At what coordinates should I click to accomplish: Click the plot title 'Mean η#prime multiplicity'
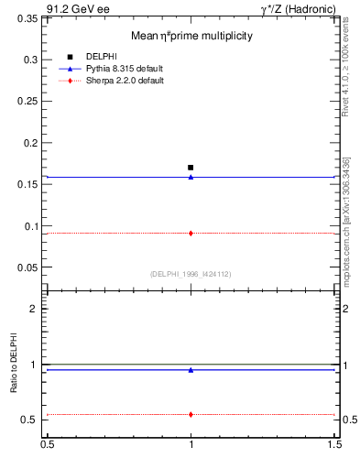coord(191,36)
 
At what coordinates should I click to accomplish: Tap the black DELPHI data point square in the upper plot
coord(191,168)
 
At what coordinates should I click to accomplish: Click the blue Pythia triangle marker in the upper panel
coord(191,177)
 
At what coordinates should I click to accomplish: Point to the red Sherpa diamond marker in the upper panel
coord(191,234)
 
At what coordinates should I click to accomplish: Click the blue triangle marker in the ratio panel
coord(191,370)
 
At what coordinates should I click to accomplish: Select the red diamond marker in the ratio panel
coord(191,414)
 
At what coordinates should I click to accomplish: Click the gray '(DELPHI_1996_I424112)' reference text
coord(191,274)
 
